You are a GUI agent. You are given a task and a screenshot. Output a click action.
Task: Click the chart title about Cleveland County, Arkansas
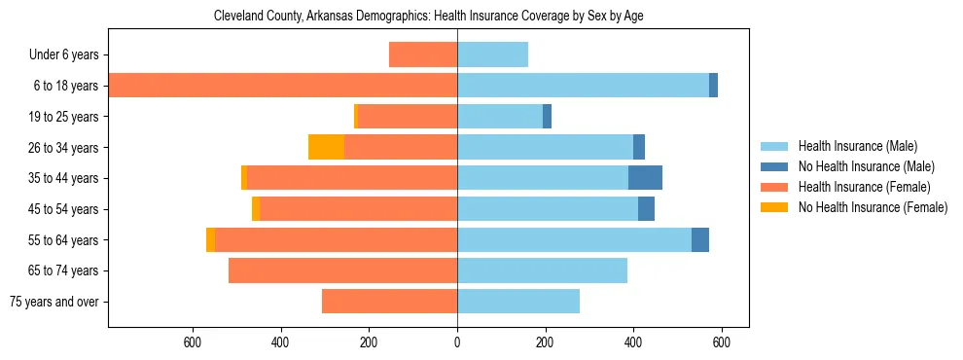[428, 16]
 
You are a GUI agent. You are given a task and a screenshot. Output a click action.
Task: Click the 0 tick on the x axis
[457, 342]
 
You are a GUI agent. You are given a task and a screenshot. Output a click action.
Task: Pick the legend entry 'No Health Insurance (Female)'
[873, 206]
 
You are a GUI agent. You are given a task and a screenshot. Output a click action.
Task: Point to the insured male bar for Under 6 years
[492, 54]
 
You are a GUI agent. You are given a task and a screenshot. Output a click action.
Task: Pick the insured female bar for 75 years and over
[389, 302]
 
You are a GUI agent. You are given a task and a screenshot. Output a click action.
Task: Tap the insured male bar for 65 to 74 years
[542, 270]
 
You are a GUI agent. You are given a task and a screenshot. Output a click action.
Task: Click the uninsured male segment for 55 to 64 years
[700, 239]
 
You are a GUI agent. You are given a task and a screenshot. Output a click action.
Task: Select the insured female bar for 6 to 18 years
[282, 86]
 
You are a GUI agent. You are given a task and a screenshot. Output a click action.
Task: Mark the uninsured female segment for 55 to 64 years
[210, 239]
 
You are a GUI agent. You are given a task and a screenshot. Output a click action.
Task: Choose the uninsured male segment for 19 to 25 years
[547, 116]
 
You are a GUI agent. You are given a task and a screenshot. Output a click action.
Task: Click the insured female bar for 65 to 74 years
[342, 270]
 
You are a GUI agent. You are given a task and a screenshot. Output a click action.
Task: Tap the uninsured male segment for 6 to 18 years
[713, 86]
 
